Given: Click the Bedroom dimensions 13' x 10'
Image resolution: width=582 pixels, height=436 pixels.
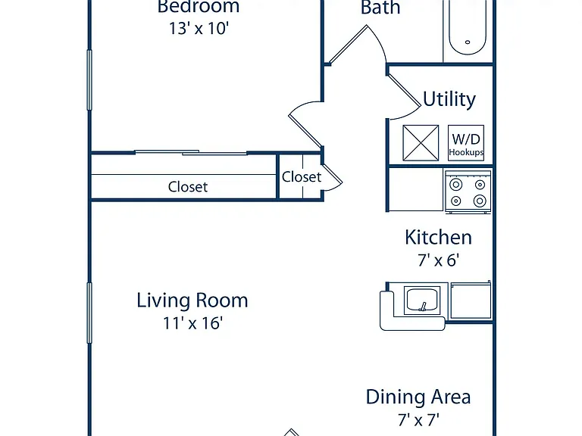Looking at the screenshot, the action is point(199,29).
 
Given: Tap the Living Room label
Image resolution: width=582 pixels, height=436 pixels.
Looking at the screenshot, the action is point(192,301).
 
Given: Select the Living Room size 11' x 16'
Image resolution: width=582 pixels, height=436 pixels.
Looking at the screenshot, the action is point(193,323).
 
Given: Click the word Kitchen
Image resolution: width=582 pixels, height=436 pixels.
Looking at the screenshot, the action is point(438,237).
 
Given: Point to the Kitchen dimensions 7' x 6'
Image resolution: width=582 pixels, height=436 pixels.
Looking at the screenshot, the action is point(438,260).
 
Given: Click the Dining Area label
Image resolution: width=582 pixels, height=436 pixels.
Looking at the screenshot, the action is point(418,397).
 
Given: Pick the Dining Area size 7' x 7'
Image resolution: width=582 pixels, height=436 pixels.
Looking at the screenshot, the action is point(418,420).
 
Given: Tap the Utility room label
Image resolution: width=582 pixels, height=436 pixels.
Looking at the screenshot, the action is point(449,99).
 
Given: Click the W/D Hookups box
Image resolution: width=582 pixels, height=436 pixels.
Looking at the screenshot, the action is point(466,143).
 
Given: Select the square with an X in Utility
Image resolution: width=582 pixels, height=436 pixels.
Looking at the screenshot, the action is point(421,143).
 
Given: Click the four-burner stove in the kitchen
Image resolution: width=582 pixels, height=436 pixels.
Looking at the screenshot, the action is point(468,192).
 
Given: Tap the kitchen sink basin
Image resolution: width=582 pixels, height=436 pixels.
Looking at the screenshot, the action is point(422,301).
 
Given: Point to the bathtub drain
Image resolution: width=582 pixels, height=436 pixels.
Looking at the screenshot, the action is point(468,42).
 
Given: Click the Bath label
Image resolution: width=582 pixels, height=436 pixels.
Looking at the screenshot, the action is point(380,8).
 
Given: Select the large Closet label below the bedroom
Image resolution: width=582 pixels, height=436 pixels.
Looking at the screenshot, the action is point(188,187).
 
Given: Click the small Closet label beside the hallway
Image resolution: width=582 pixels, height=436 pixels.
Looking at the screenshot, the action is point(302,177).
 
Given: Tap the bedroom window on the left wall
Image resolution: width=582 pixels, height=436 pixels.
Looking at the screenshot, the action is point(89,79).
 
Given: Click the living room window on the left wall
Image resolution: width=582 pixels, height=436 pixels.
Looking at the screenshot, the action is point(89,313).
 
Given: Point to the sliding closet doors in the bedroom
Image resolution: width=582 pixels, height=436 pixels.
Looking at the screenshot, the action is point(191,152).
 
